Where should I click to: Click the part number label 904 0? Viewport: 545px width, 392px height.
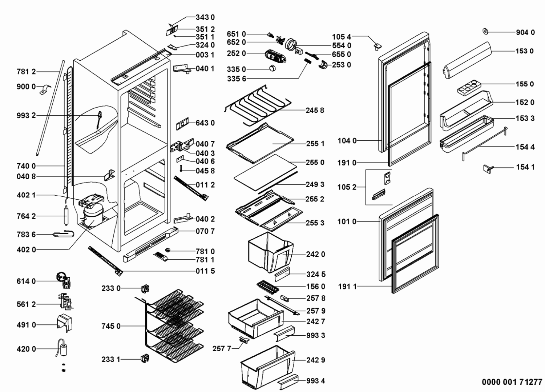(x=525, y=33)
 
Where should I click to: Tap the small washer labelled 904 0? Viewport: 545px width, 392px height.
(x=485, y=32)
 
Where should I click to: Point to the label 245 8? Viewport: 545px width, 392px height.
(x=315, y=110)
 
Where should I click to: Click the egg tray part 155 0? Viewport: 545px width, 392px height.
(x=469, y=88)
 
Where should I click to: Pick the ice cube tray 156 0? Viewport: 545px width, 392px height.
(x=268, y=287)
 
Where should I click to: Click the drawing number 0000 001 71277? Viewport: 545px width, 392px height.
(x=512, y=382)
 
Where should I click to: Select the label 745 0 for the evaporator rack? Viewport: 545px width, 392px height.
(x=111, y=326)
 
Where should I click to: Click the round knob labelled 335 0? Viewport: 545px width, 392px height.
(x=273, y=68)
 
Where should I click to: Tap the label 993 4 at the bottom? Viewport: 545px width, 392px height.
(x=315, y=381)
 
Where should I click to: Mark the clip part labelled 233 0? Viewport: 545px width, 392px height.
(x=145, y=289)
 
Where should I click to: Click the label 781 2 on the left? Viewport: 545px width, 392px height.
(x=26, y=72)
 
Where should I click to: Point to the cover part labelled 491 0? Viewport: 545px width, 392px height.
(x=64, y=323)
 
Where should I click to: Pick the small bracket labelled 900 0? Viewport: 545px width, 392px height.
(x=45, y=89)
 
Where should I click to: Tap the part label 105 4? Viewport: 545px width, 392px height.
(x=342, y=37)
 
